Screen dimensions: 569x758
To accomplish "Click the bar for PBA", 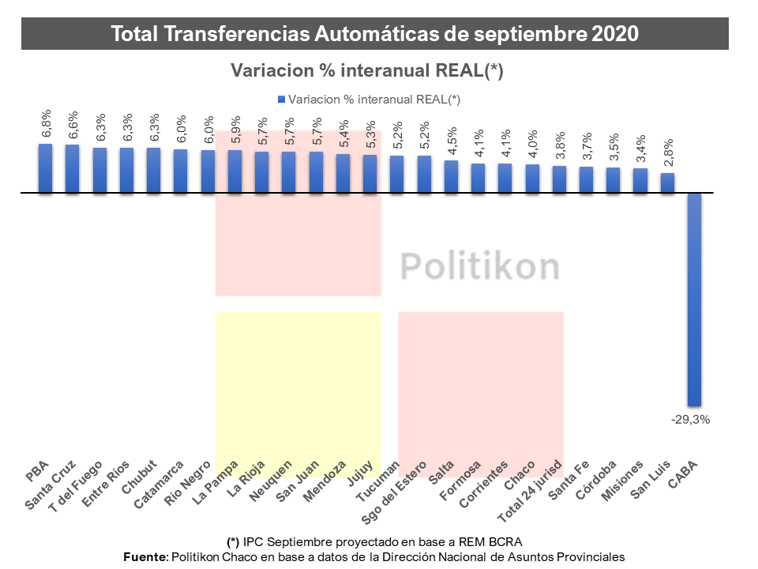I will (x=46, y=168).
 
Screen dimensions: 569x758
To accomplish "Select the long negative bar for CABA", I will (x=694, y=300).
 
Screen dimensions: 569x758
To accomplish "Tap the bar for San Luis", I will (x=667, y=183).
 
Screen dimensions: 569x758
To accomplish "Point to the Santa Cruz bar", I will (x=73, y=169).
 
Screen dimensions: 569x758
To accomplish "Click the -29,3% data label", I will (x=692, y=420).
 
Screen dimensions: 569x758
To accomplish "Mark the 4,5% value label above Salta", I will (x=452, y=142).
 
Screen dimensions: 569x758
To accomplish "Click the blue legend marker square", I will (x=281, y=100).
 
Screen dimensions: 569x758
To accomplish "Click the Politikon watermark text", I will (x=479, y=266).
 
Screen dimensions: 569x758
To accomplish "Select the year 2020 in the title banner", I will (x=614, y=34).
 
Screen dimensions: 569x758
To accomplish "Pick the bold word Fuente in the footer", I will (x=146, y=556).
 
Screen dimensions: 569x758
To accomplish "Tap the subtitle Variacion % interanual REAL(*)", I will (x=367, y=70).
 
